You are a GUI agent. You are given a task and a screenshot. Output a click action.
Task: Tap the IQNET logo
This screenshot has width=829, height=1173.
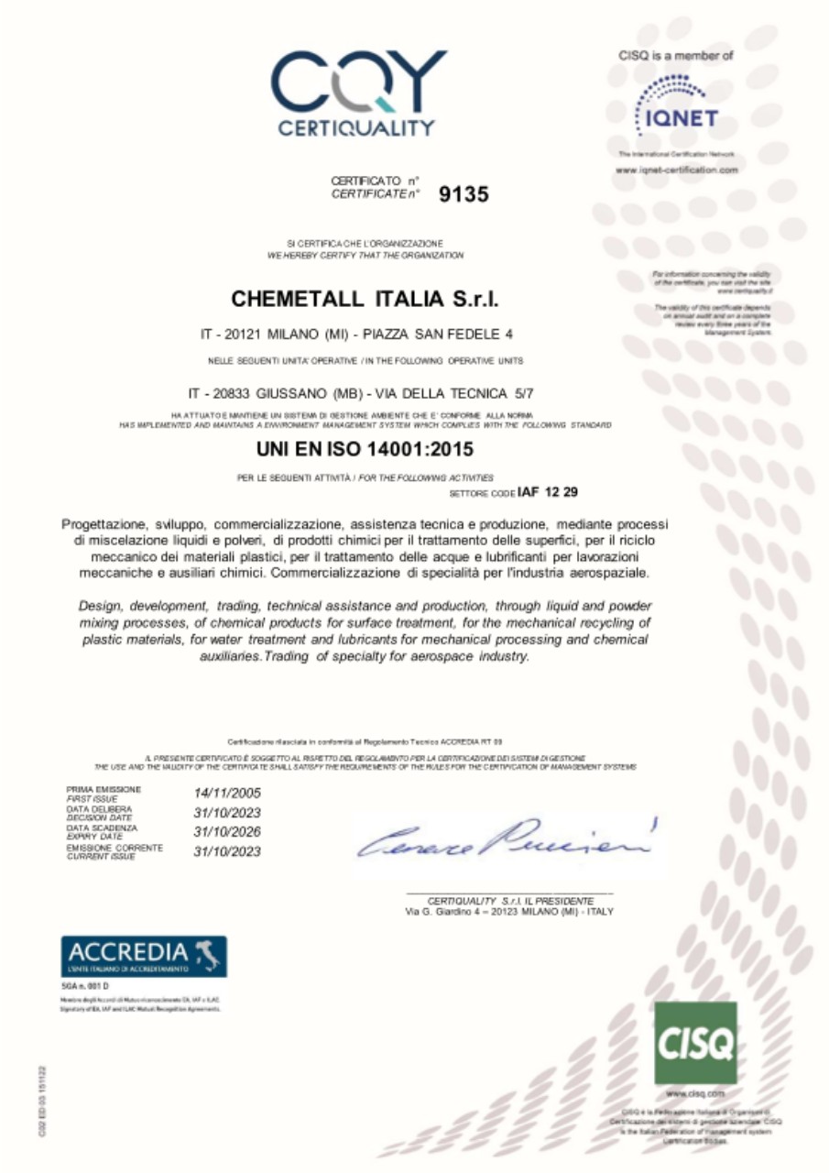[677, 105]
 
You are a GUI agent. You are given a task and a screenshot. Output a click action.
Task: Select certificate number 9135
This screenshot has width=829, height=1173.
[464, 193]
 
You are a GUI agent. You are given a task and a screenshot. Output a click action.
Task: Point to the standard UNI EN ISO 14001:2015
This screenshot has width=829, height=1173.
[365, 451]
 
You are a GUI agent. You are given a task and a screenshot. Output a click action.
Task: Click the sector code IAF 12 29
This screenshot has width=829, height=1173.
[548, 492]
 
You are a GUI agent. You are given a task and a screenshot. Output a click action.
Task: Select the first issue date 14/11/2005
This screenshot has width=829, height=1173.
[227, 792]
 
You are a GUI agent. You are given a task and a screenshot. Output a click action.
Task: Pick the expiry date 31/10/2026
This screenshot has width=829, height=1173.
[227, 832]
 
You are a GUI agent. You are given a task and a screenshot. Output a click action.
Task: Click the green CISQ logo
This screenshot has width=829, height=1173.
[695, 1043]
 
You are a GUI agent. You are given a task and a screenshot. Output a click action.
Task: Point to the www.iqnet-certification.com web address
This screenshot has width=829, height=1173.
[677, 170]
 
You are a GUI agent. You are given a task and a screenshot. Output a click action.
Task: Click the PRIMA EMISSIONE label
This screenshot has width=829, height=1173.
[104, 789]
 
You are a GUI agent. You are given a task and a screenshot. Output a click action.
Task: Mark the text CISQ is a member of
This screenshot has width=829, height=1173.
[676, 57]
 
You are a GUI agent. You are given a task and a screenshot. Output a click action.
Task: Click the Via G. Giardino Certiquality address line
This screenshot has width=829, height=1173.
[509, 913]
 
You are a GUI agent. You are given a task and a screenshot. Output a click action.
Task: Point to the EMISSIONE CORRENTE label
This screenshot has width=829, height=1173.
[115, 849]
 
